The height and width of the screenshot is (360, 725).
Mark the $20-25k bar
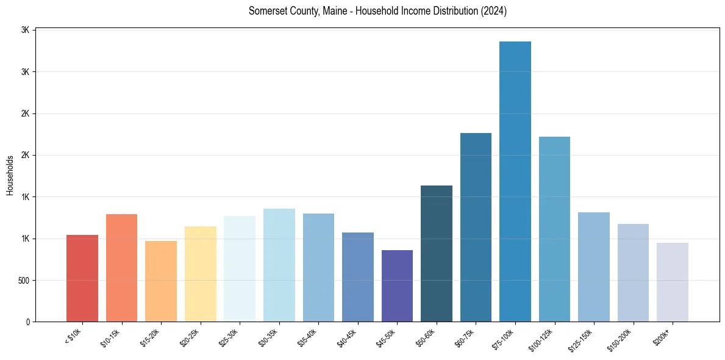point(200,274)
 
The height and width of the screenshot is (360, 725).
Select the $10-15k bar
point(121,268)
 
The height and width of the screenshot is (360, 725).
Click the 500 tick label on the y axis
point(23,281)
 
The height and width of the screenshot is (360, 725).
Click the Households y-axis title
point(10,175)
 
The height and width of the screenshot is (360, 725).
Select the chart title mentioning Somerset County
point(377,11)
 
